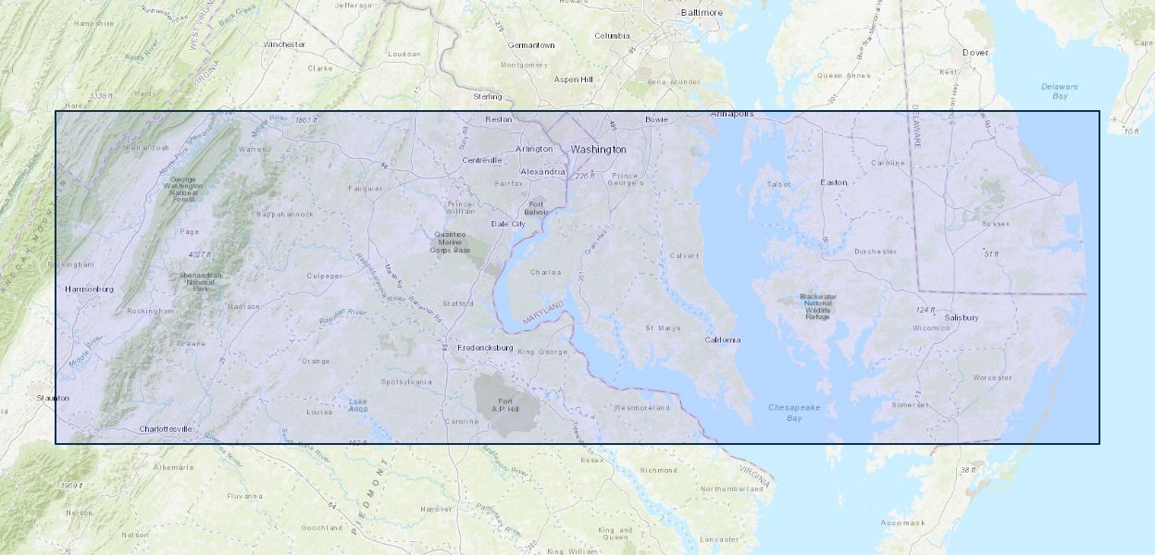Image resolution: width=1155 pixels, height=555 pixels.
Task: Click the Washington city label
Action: (598, 149)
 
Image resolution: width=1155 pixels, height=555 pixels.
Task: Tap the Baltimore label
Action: (701, 13)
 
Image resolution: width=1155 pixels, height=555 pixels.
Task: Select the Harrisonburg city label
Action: (89, 290)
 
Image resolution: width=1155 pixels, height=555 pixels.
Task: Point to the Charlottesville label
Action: (166, 429)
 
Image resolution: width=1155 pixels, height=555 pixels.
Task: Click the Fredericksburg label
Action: (485, 348)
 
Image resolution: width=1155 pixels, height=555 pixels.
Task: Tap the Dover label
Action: (975, 53)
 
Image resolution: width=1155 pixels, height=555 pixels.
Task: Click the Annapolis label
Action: (732, 114)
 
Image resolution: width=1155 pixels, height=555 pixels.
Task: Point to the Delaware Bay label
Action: (1060, 91)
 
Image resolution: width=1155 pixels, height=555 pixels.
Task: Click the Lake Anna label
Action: (358, 405)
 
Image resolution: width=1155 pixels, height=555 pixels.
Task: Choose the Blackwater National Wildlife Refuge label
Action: (817, 306)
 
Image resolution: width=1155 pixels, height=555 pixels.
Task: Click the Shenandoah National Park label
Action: (200, 281)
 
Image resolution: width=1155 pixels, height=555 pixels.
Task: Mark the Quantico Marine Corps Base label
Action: (452, 242)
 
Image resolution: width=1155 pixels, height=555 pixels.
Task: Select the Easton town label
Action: (833, 182)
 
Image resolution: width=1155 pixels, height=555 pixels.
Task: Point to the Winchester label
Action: (284, 43)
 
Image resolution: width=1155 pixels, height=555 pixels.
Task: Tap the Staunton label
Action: (53, 398)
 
